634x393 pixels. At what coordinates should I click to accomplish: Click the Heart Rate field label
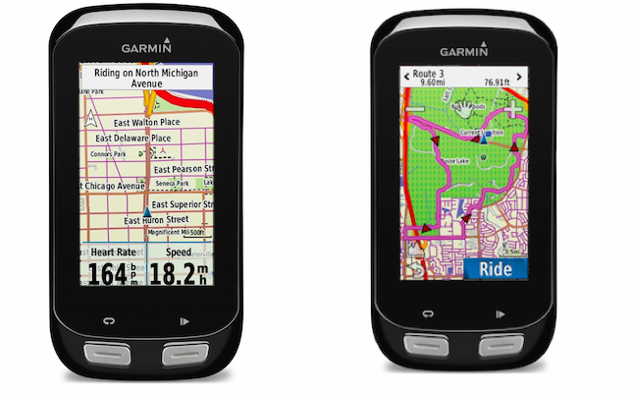tap(113, 253)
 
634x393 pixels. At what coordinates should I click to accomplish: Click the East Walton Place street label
tap(147, 122)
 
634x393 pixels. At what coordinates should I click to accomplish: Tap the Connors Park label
tap(109, 154)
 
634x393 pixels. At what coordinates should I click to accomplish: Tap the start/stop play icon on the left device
tap(184, 320)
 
